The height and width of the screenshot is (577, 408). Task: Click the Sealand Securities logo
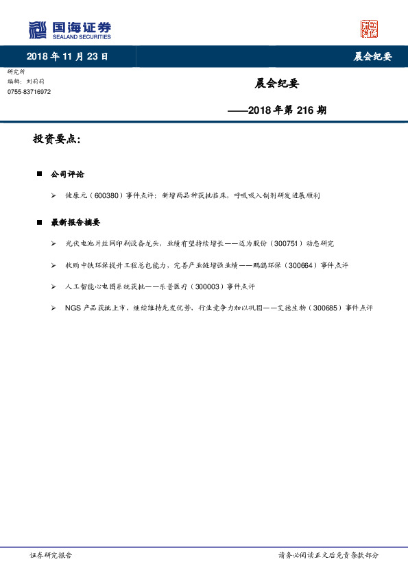point(69,30)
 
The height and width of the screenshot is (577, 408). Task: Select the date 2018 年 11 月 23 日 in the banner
point(67,57)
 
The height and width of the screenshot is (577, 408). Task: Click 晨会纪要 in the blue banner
point(372,57)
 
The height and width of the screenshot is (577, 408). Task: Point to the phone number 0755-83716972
point(29,91)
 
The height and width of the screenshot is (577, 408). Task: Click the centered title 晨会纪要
point(277,84)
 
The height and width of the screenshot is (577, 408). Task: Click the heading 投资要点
point(57,139)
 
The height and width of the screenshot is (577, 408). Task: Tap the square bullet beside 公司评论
point(40,175)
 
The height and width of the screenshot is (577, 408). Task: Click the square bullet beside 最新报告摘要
point(40,223)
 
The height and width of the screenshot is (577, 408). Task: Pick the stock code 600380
point(107,195)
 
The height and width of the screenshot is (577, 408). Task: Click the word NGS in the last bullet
point(73,308)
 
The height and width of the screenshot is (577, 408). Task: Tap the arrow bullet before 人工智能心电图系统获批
point(53,286)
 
